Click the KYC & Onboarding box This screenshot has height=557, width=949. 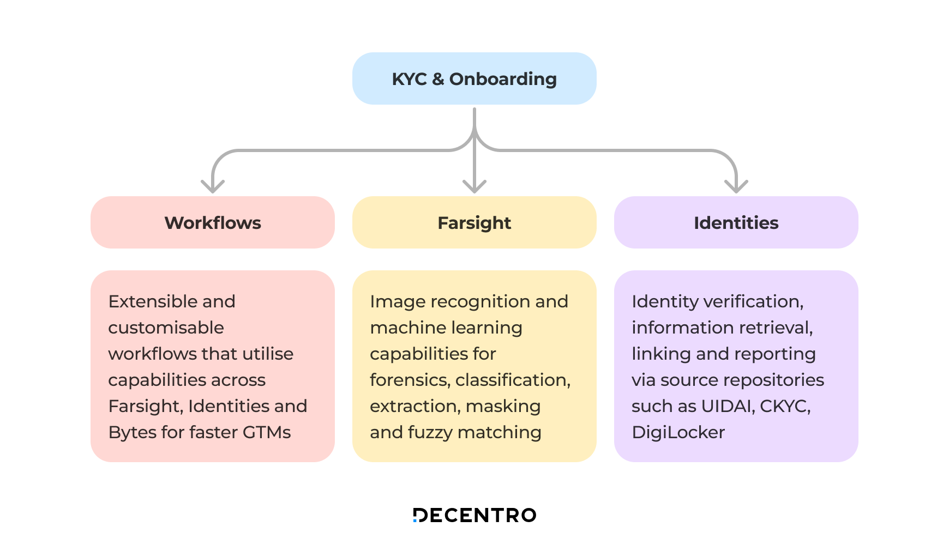(474, 78)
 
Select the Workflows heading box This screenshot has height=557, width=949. (212, 222)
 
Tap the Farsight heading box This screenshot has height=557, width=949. (474, 222)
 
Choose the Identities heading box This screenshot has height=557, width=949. (736, 222)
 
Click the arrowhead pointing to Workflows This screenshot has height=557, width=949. (213, 186)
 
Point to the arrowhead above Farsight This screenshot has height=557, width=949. (474, 186)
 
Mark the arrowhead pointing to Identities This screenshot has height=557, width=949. (736, 186)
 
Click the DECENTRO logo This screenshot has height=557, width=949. (474, 515)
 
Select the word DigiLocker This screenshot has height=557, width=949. (678, 432)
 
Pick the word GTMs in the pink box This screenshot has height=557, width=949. (266, 432)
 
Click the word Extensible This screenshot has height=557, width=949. (144, 301)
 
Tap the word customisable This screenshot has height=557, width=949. (166, 328)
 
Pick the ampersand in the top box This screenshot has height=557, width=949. (438, 79)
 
